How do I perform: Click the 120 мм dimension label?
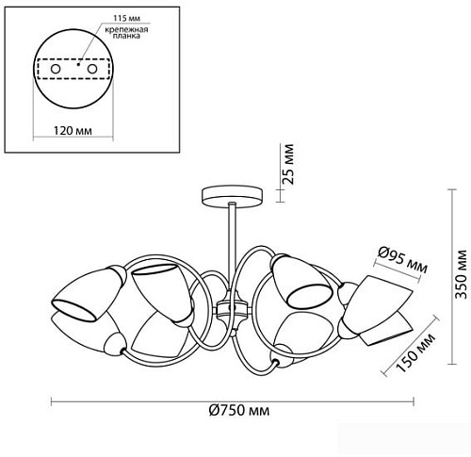[73, 130]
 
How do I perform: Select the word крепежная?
[126, 30]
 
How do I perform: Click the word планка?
[126, 36]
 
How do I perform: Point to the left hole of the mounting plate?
[56, 69]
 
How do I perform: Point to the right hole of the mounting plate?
[92, 69]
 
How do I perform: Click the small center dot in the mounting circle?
[78, 64]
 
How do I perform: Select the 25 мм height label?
[287, 164]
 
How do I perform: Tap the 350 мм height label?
[462, 274]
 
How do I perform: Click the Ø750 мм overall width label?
[239, 410]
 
